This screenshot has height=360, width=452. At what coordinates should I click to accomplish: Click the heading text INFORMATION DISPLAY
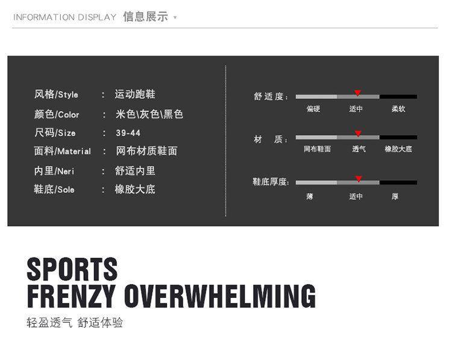click(64, 17)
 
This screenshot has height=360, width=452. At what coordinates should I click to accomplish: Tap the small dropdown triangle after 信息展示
click(175, 17)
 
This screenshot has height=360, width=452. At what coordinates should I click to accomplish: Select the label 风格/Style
click(56, 95)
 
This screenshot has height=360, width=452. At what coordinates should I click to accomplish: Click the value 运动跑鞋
click(136, 95)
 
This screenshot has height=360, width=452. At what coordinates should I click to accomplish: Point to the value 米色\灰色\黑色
click(149, 114)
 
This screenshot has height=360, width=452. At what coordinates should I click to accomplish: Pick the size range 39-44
click(128, 133)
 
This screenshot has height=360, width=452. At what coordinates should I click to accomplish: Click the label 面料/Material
click(63, 151)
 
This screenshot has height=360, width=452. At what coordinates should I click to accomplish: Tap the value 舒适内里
click(135, 171)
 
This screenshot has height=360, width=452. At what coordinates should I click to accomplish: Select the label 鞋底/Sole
click(54, 189)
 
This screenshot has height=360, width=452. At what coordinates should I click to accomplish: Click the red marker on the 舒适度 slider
click(357, 93)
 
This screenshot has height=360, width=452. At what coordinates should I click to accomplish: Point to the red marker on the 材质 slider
click(358, 134)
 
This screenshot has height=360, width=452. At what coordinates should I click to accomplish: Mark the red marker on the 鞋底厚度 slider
click(359, 179)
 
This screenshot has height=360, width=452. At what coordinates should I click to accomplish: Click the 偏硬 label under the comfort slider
click(313, 109)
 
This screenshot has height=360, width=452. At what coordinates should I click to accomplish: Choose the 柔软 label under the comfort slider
click(398, 109)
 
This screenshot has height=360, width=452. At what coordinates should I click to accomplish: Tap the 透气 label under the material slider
click(359, 149)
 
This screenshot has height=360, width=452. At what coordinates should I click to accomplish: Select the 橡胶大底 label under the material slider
click(398, 149)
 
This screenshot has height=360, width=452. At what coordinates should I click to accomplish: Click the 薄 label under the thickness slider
click(310, 197)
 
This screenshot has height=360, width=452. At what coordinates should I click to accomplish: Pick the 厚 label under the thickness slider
click(395, 197)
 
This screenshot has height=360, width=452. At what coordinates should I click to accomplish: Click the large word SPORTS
click(72, 269)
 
